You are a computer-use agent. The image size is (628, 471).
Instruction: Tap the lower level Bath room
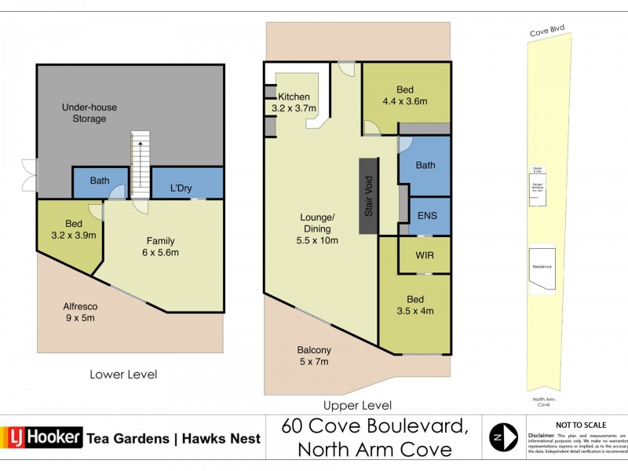tap(100, 182)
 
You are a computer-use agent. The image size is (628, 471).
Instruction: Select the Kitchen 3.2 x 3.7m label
tap(294, 102)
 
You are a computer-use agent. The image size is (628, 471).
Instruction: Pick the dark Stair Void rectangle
tap(368, 195)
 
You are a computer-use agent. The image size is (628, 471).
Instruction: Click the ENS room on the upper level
tap(428, 215)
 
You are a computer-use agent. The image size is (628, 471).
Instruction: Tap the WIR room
tap(424, 255)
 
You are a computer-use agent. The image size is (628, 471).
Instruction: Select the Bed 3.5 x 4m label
tap(414, 305)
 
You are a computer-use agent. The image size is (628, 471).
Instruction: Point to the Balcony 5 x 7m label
tap(313, 356)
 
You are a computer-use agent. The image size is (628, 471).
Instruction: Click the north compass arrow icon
tap(503, 436)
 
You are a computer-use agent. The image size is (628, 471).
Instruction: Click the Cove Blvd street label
tap(546, 33)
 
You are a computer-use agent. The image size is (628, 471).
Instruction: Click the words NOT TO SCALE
tap(580, 425)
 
